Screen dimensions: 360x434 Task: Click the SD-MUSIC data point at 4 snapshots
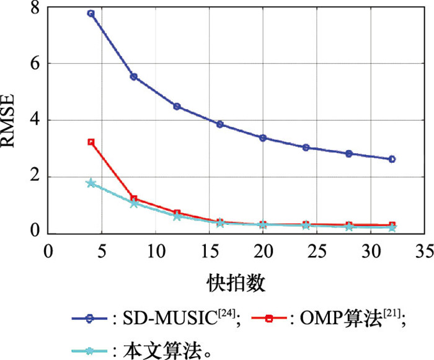pos(91,14)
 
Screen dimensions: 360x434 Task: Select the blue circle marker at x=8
pos(133,77)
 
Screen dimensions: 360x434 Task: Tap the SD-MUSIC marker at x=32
pos(392,159)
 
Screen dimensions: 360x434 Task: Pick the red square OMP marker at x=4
pos(91,142)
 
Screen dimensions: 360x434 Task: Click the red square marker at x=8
pos(133,199)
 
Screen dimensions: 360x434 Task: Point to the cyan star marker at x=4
pos(91,183)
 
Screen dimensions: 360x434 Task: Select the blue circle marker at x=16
pos(219,124)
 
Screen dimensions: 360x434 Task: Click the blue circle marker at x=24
pos(306,147)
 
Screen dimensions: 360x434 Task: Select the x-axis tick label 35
pos(424,249)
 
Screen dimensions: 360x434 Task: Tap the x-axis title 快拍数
pos(236,283)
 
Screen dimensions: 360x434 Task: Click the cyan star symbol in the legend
pos(90,351)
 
